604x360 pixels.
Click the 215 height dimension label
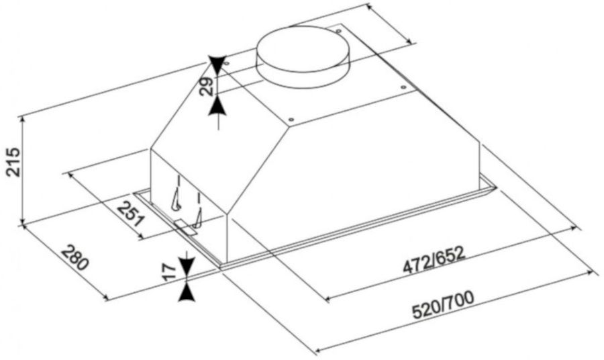14,161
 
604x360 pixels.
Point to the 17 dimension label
170,271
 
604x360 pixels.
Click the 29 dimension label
206,87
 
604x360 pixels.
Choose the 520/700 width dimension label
443,306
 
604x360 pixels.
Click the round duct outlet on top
303,56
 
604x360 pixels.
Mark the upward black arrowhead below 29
217,105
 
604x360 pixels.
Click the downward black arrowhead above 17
187,265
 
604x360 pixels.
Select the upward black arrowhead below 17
187,293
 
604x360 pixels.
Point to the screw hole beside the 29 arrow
227,63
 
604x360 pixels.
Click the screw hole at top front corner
291,119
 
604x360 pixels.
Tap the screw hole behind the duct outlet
338,31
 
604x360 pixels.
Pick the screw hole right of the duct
403,87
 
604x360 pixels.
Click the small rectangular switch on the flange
186,228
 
